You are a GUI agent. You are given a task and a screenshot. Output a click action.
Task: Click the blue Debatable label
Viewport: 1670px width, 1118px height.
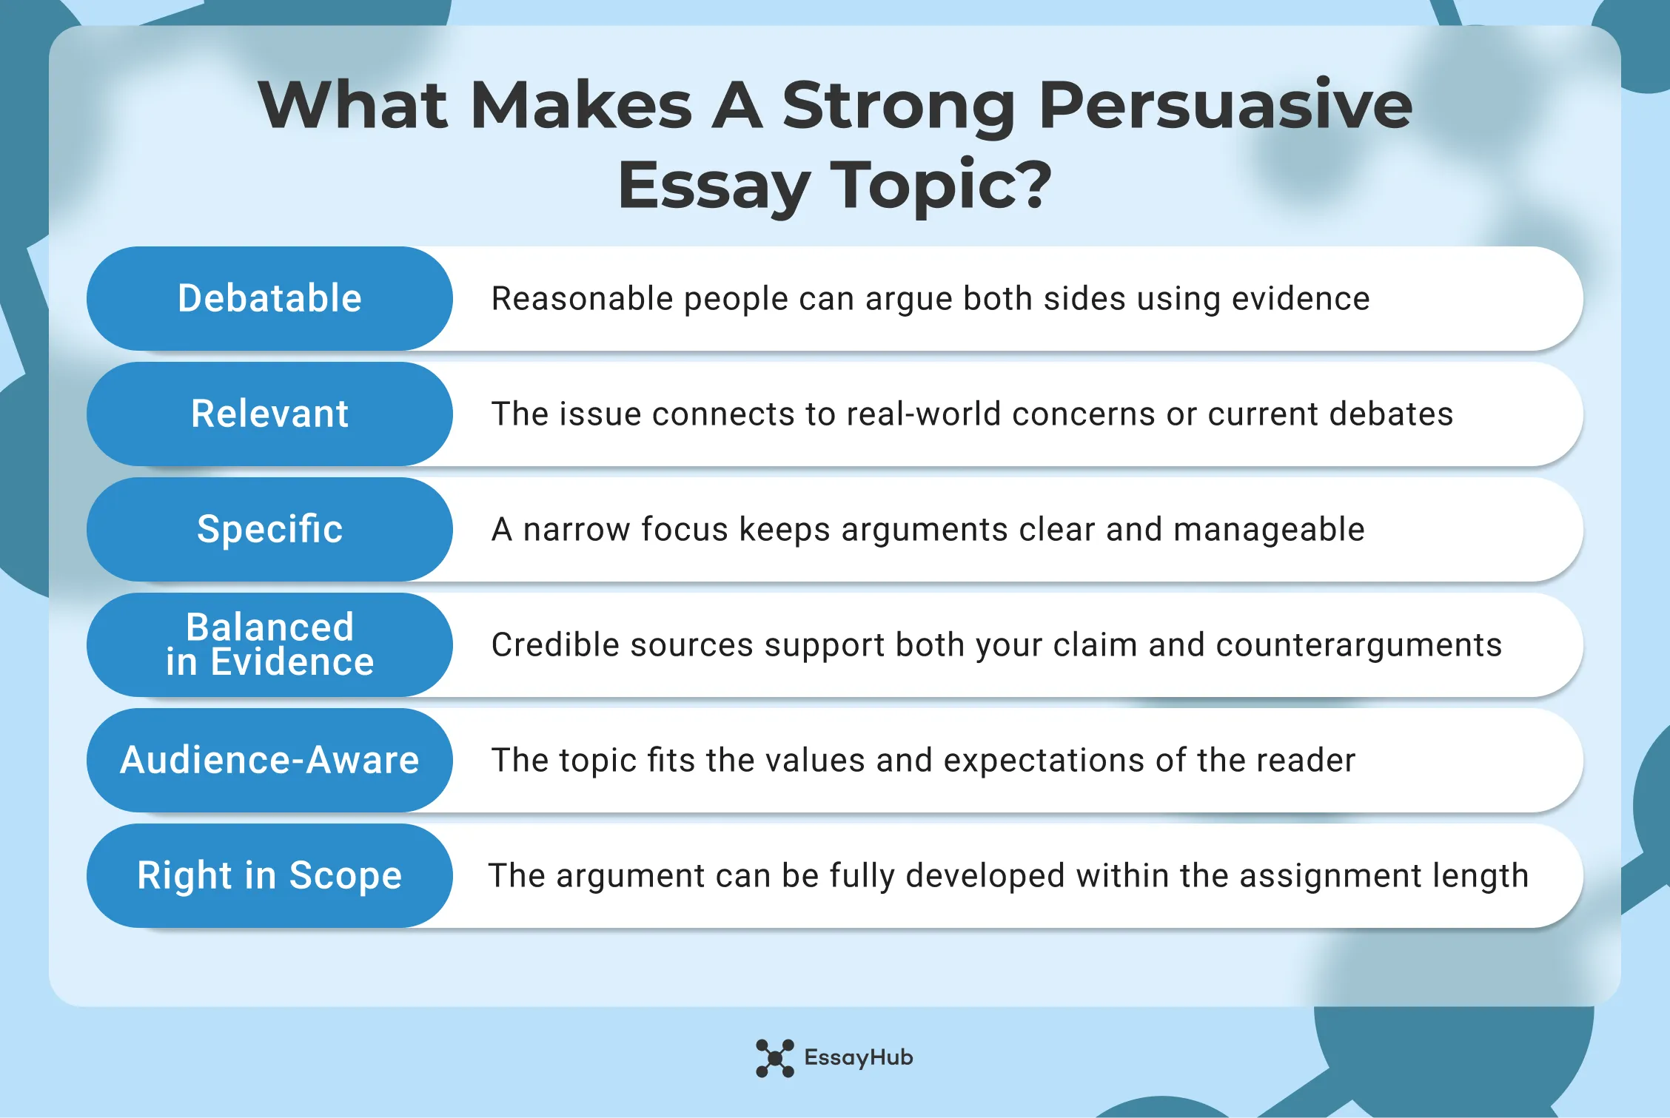269,298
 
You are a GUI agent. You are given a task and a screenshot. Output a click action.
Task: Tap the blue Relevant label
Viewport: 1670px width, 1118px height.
269,414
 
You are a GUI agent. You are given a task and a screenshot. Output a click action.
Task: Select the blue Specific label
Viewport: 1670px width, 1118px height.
269,529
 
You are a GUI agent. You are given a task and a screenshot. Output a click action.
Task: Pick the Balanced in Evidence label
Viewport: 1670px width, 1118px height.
269,644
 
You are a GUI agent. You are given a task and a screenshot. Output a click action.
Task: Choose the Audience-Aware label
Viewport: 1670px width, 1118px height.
269,760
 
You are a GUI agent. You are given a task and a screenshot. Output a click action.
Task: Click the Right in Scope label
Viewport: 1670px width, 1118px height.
269,875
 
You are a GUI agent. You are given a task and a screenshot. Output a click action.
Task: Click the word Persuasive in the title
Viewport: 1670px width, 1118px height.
1225,106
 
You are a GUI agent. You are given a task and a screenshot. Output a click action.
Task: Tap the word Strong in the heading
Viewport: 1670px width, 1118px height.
899,106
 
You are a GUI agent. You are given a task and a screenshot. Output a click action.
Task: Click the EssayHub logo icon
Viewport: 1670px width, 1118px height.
774,1058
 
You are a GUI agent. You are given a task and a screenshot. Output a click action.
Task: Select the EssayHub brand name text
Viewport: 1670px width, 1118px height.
859,1058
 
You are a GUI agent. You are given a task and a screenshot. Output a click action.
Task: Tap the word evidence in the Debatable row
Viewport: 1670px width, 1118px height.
1301,299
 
